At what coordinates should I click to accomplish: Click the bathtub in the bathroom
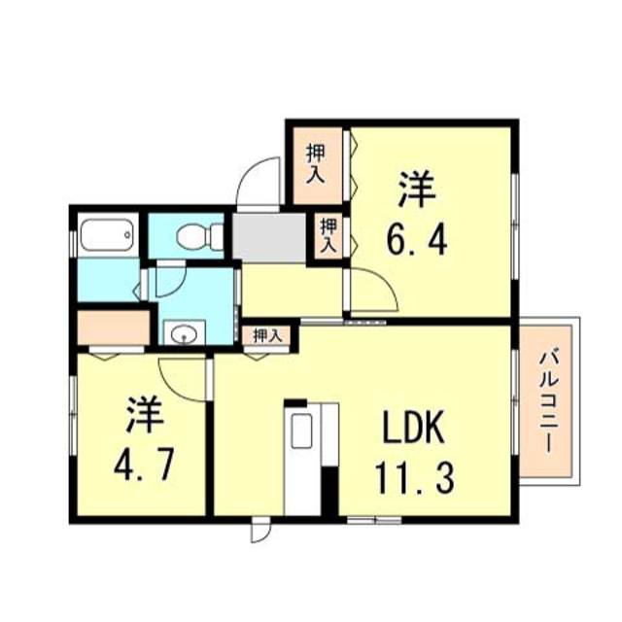(x=106, y=236)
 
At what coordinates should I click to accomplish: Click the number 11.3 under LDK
(x=412, y=477)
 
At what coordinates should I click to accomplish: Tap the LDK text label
(x=411, y=427)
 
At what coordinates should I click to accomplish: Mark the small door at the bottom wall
(x=259, y=532)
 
